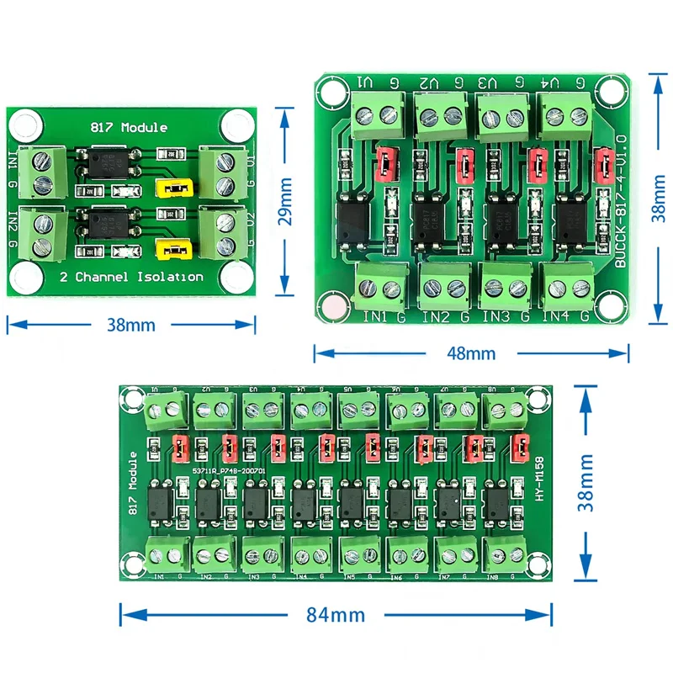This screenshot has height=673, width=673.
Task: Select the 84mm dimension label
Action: click(336, 615)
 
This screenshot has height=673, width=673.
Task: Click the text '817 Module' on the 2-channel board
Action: click(128, 128)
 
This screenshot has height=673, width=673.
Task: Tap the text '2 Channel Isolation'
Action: click(131, 276)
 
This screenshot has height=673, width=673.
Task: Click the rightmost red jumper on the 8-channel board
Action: click(522, 450)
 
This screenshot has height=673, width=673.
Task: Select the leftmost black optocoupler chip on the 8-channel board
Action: click(161, 504)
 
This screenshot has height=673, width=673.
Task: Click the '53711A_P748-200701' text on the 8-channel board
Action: click(230, 473)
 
